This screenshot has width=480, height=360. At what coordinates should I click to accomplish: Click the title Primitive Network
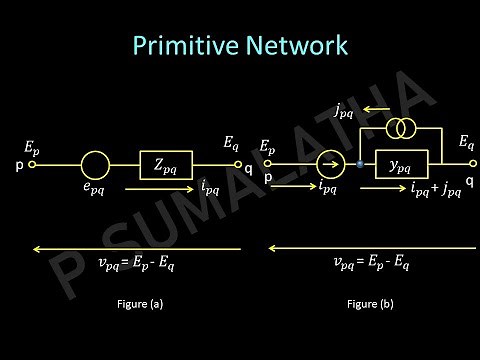pos(239,46)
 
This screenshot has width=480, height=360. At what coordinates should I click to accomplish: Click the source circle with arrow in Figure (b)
pos(329,162)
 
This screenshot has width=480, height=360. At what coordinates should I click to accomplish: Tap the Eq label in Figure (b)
pos(466,145)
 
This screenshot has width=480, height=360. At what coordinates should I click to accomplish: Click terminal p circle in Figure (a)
pos(33,164)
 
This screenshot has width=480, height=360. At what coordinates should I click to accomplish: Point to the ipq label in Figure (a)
pos(210,186)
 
